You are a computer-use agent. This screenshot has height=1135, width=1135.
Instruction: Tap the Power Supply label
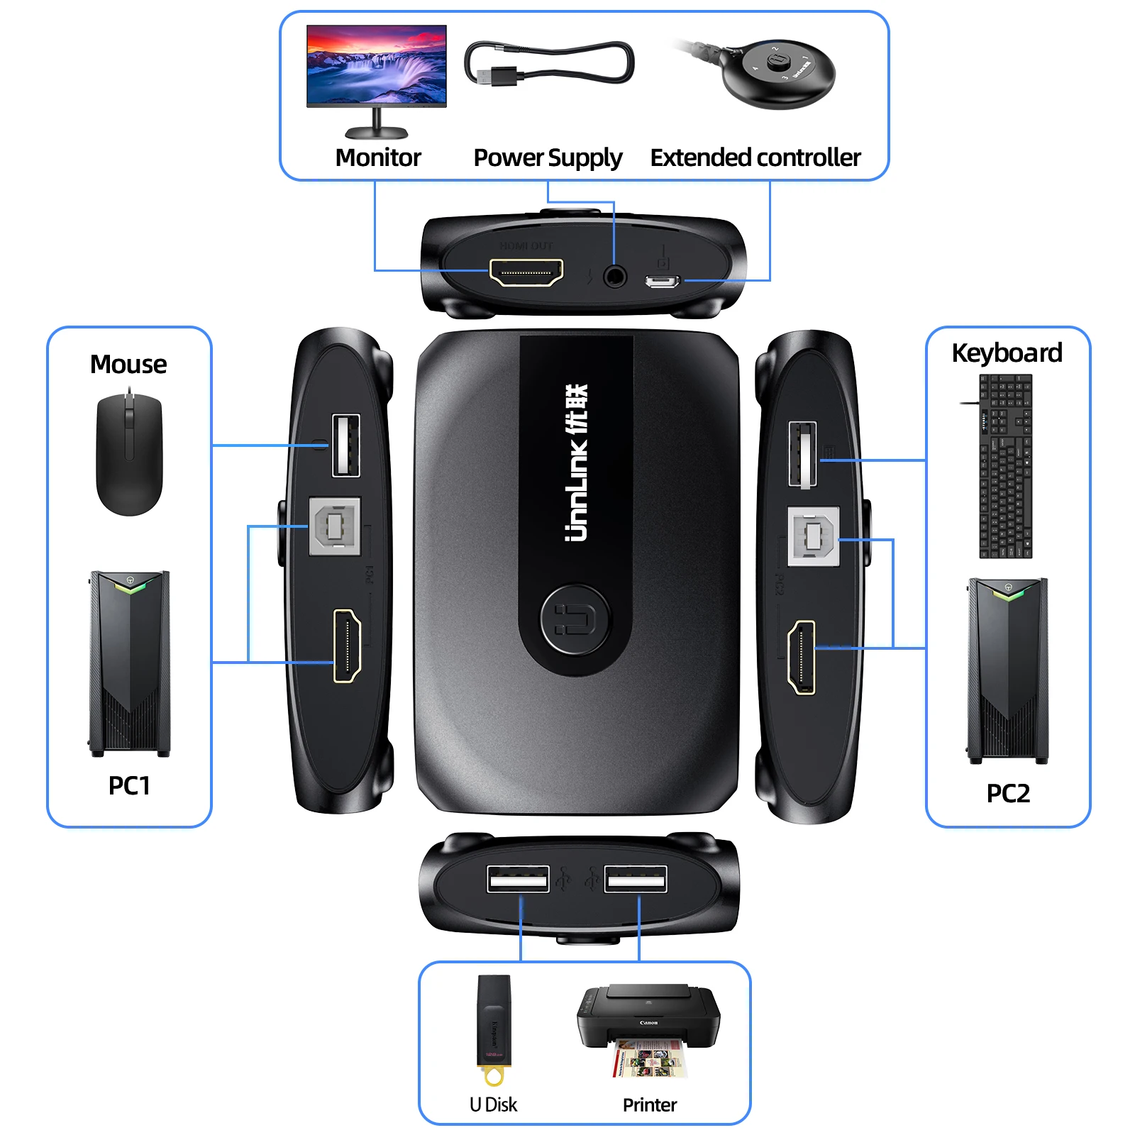pos(548,157)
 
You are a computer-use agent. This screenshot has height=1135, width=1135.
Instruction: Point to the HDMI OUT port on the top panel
pos(526,272)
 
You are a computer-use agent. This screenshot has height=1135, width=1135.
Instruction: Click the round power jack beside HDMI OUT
pos(614,275)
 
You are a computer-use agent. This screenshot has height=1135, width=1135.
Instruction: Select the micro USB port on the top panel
pos(662,282)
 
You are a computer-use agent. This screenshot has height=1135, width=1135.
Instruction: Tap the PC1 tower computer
pos(130,663)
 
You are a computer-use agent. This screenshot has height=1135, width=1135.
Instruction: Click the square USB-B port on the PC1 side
pos(335,526)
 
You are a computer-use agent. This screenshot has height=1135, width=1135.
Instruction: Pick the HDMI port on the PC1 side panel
pos(347,646)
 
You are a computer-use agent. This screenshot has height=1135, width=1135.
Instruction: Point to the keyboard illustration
pos(1005,466)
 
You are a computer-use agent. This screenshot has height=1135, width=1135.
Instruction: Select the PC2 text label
pos(1008,793)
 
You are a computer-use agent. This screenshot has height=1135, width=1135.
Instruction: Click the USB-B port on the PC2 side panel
pos(814,536)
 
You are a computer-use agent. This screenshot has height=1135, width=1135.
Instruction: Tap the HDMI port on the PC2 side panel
pos(802,657)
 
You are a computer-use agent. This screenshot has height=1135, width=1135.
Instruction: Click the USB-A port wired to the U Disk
pos(518,880)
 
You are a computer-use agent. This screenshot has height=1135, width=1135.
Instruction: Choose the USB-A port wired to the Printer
pos(636,880)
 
